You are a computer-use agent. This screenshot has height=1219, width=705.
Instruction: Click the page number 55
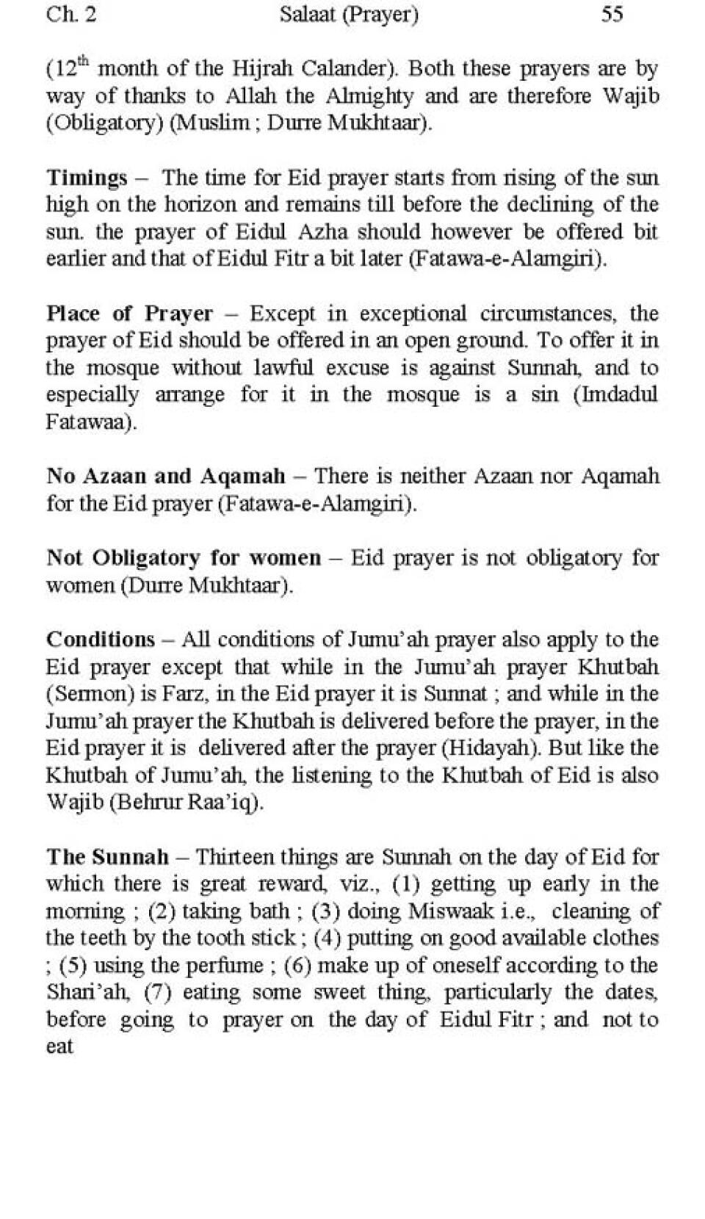pyautogui.click(x=612, y=15)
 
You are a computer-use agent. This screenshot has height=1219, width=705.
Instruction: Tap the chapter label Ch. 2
pyautogui.click(x=70, y=15)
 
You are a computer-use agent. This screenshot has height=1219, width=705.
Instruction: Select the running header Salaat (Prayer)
pyautogui.click(x=349, y=15)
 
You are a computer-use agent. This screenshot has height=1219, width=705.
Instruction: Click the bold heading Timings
pyautogui.click(x=87, y=178)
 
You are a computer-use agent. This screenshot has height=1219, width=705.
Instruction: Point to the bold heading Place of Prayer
pyautogui.click(x=129, y=314)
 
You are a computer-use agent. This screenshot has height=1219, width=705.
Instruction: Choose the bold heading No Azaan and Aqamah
pyautogui.click(x=165, y=476)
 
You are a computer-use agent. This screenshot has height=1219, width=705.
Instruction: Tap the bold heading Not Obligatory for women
pyautogui.click(x=184, y=557)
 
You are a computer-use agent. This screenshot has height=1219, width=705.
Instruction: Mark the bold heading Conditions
pyautogui.click(x=101, y=639)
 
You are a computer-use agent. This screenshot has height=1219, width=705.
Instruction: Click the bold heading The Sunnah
pyautogui.click(x=107, y=856)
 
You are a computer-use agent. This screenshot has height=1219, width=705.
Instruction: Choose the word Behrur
pyautogui.click(x=147, y=803)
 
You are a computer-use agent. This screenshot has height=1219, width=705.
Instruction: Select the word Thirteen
pyautogui.click(x=234, y=857)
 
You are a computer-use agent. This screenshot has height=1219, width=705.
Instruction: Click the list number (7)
pyautogui.click(x=158, y=993)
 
